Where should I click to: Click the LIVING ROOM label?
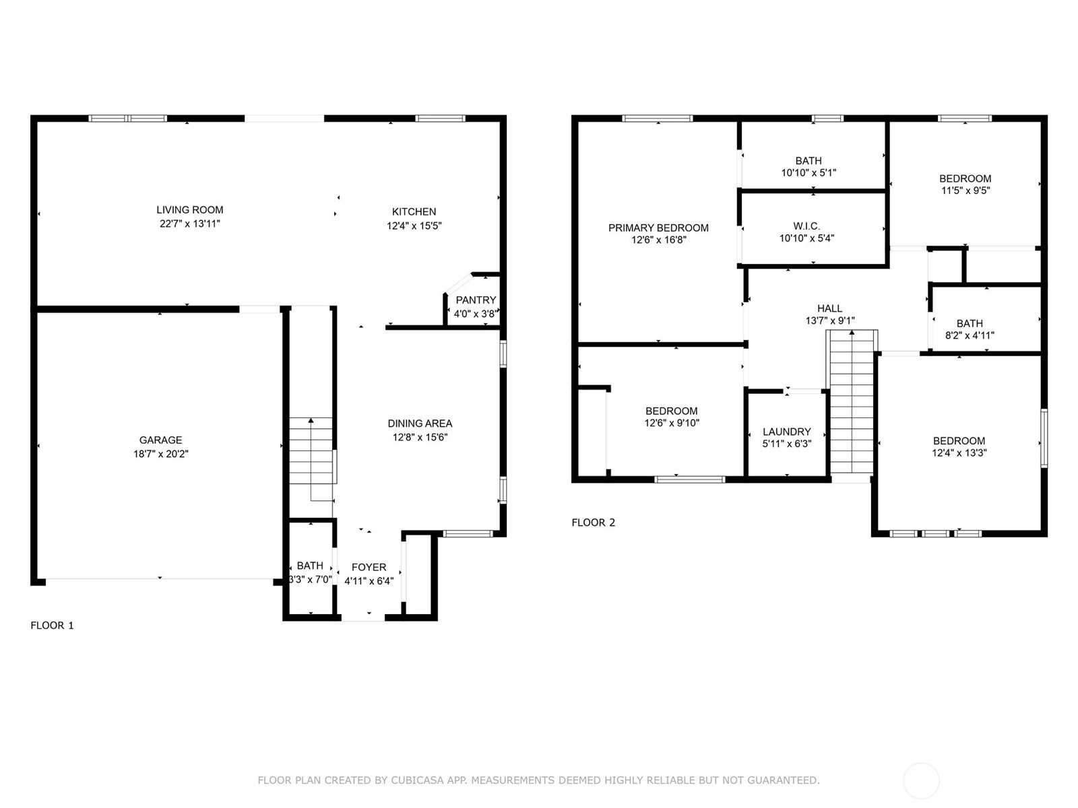click(189, 210)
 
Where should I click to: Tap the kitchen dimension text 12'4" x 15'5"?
click(414, 226)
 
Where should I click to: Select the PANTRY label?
click(476, 300)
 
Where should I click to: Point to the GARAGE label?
click(160, 440)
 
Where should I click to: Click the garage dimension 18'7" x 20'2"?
click(160, 454)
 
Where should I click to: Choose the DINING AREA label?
click(420, 424)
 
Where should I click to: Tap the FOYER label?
click(369, 567)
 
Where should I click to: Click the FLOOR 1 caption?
click(52, 626)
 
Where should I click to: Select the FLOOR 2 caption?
click(594, 523)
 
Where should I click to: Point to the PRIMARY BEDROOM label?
click(658, 228)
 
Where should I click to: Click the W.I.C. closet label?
click(806, 226)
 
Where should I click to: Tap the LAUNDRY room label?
click(787, 432)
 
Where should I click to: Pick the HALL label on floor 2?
click(830, 308)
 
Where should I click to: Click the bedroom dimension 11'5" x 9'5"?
click(965, 191)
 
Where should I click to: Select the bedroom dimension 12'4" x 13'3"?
click(959, 452)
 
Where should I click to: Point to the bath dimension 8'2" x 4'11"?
click(970, 335)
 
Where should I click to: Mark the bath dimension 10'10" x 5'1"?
click(808, 172)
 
